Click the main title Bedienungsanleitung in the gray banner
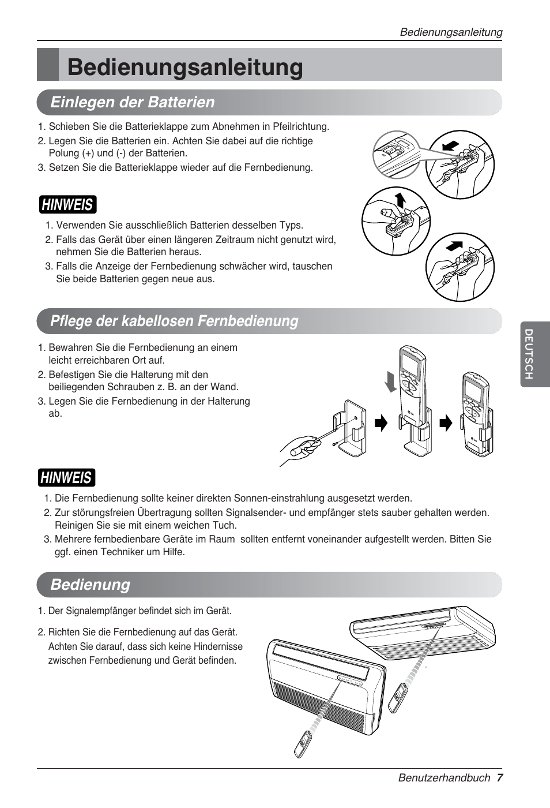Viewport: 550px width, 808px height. coord(184,68)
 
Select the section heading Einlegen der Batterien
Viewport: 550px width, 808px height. coord(132,102)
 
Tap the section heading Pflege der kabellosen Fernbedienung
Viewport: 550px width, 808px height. coord(174,321)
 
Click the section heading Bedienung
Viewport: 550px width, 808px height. coord(90,584)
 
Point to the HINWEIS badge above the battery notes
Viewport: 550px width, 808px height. coord(67,204)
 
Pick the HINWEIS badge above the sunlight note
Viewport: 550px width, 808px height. coord(66,477)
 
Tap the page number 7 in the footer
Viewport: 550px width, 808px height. coord(500,777)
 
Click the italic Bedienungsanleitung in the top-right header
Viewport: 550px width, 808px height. coord(451,32)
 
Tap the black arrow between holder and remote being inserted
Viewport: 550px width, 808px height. coord(381,424)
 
